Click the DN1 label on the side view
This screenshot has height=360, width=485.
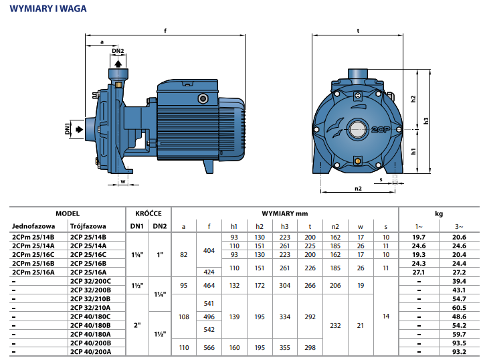tap(68, 128)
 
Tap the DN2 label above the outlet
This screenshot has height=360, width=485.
tap(118, 51)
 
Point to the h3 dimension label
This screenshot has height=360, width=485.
tap(425, 120)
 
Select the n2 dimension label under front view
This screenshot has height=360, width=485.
tap(357, 189)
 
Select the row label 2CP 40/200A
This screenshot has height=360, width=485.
tap(91, 351)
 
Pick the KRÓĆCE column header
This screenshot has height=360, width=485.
tap(149, 213)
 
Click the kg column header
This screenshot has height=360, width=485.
tap(439, 213)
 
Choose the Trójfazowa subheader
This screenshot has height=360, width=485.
tap(88, 226)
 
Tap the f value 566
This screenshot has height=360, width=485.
tap(209, 347)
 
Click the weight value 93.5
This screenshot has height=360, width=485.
tap(460, 343)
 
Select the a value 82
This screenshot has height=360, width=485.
tap(183, 254)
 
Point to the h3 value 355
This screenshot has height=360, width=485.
tap(284, 347)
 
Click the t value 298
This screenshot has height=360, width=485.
tap(310, 347)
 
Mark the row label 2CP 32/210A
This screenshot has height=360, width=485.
tap(91, 307)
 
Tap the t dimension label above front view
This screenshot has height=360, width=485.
tap(358, 30)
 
